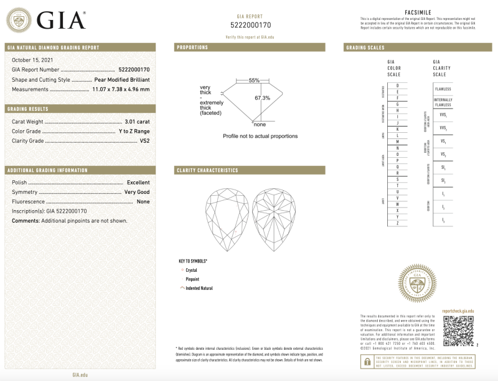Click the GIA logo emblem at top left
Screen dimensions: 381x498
click(20, 21)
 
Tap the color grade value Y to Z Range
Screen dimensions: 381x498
click(134, 131)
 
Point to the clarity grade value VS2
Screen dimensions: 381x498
click(144, 141)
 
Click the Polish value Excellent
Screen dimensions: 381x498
click(138, 182)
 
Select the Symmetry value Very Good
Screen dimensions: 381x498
click(137, 192)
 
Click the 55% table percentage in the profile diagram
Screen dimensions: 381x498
click(254, 80)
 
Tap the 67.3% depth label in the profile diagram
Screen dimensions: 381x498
click(262, 98)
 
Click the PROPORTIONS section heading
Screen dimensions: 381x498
click(192, 47)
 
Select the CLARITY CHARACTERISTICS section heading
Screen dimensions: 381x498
click(207, 170)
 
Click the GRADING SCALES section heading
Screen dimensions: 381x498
click(365, 48)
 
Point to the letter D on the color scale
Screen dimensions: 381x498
click(398, 85)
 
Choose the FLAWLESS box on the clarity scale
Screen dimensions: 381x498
click(443, 89)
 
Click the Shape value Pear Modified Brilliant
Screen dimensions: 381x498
click(122, 80)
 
